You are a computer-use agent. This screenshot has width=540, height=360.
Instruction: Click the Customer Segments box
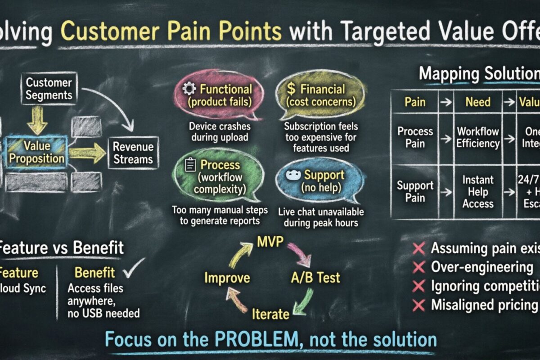[x=49, y=89]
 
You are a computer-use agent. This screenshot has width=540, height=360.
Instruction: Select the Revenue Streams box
[x=133, y=153]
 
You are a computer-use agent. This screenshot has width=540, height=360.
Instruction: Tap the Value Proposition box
[x=37, y=153]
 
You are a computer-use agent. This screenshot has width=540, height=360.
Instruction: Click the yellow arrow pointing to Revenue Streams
[x=87, y=153]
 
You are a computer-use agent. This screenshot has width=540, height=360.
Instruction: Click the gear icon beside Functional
[x=188, y=89]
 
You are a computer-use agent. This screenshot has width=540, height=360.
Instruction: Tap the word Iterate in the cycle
[x=270, y=314]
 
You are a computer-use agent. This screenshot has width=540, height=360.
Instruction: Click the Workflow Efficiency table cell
[x=478, y=138]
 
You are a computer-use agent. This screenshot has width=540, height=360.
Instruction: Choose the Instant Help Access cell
[x=478, y=192]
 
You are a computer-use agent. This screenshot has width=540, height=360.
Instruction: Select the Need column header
[x=478, y=102]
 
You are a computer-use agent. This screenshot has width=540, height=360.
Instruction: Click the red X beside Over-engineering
[x=418, y=268]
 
